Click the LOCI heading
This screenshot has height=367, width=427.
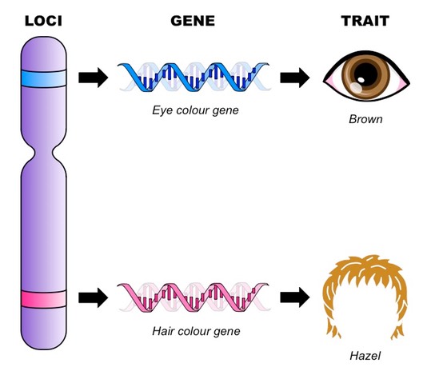(x=43, y=21)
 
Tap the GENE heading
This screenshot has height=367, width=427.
(x=193, y=21)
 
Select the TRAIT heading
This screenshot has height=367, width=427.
(x=365, y=21)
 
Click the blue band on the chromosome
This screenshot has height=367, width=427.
(x=43, y=78)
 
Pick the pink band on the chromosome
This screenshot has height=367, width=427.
(x=43, y=299)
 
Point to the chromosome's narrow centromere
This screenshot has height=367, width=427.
(x=43, y=154)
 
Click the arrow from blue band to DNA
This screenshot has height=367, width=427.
(x=93, y=78)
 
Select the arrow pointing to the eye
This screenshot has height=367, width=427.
(x=294, y=78)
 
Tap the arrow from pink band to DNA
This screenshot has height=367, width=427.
(x=93, y=298)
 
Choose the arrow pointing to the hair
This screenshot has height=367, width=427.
(x=294, y=298)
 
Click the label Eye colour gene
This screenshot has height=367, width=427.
(x=195, y=110)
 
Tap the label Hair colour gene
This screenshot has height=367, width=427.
(x=196, y=331)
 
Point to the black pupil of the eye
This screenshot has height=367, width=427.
(x=365, y=74)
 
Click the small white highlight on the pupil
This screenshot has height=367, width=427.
(x=361, y=80)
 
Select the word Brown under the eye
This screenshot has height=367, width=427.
(x=365, y=119)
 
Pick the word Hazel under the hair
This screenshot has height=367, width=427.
(x=365, y=356)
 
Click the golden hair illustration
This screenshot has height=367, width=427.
(x=365, y=273)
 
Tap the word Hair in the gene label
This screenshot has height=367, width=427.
(x=163, y=331)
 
